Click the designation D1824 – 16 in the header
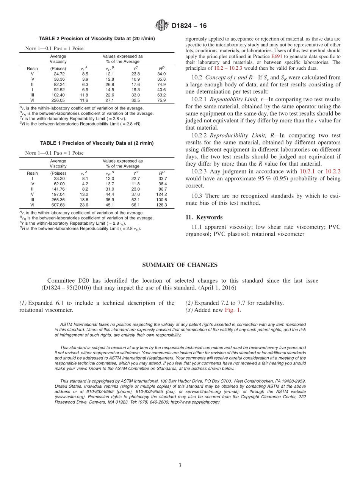tap(189, 26)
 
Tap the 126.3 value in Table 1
tap(161, 205)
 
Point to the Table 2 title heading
tap(97, 39)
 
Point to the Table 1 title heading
tap(97, 143)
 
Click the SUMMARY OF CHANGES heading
tap(180, 265)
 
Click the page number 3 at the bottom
tap(180, 465)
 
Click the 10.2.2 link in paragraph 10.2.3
tap(333, 172)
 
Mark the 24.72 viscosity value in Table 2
tap(59, 74)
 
